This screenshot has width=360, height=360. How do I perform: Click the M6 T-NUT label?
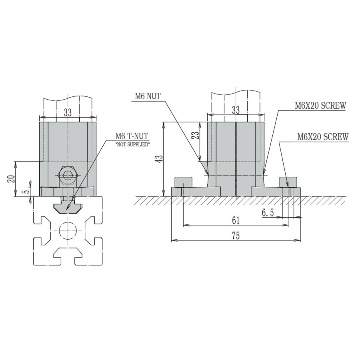(x=132, y=136)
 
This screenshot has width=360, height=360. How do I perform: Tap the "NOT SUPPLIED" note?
(x=132, y=144)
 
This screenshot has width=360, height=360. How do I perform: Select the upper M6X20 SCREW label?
(x=320, y=106)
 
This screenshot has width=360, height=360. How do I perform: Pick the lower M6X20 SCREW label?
(x=323, y=137)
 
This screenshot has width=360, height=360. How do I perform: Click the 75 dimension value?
(x=236, y=236)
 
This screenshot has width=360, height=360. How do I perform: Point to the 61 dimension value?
(x=236, y=220)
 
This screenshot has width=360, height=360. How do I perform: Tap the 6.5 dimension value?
(x=268, y=213)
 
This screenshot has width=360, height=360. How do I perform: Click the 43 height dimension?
(x=160, y=159)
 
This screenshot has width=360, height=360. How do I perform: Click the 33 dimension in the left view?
(x=68, y=113)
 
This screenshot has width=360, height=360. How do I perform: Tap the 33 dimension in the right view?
(x=236, y=110)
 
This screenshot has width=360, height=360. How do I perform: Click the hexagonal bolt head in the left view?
(x=67, y=175)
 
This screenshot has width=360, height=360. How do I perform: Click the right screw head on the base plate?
(x=288, y=182)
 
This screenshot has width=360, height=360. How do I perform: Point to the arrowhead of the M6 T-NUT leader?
(x=66, y=210)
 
